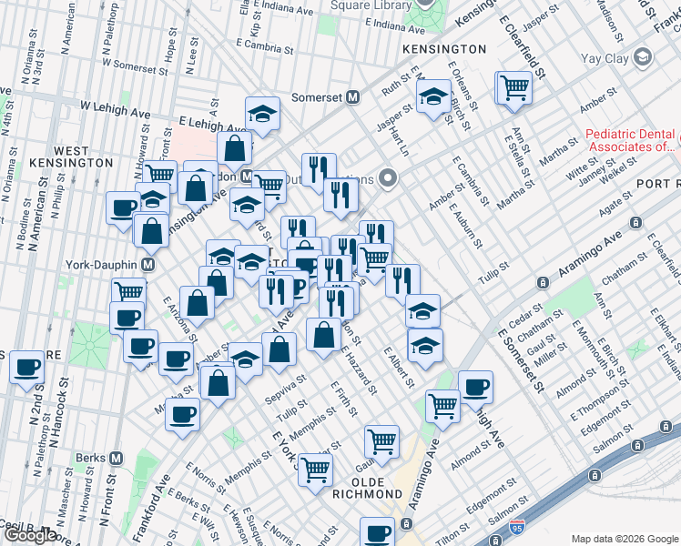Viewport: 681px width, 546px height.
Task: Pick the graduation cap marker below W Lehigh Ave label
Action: click(262, 113)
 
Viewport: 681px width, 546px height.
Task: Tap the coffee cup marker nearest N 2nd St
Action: click(27, 368)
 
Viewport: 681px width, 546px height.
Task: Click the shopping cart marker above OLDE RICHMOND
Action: click(382, 442)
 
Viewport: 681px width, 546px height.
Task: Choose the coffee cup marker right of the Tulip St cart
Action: click(476, 387)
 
